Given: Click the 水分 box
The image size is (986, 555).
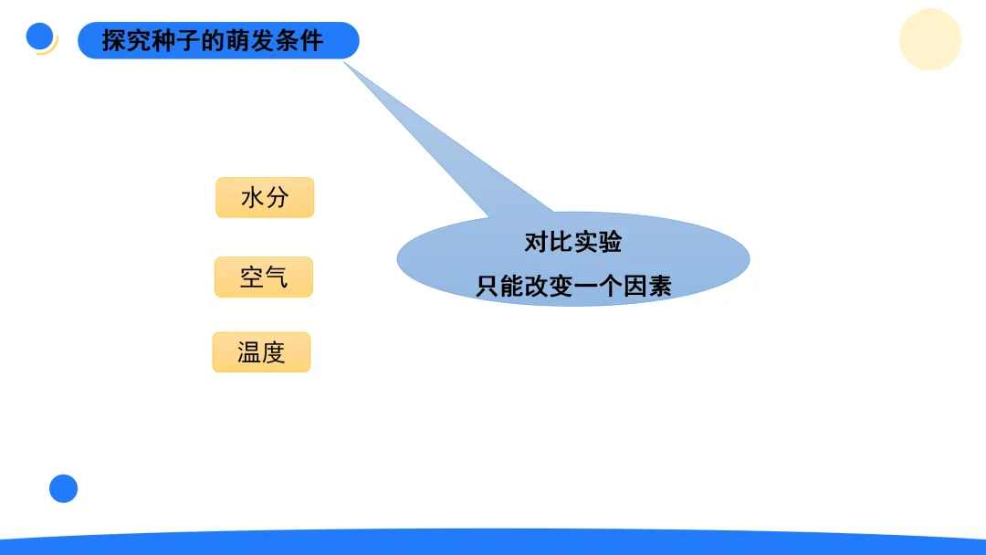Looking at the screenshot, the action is tap(265, 197).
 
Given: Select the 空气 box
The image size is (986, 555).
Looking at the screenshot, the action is tap(264, 277).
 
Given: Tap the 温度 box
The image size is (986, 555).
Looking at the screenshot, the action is tap(262, 352).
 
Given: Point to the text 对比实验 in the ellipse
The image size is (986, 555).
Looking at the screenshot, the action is tap(573, 242).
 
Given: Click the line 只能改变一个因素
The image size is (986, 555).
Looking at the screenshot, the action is tap(573, 286).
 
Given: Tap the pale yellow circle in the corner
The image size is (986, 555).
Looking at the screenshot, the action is tap(929, 39).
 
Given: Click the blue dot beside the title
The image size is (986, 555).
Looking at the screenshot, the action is tap(39, 36).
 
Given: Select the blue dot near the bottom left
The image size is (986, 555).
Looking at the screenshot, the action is tap(63, 488).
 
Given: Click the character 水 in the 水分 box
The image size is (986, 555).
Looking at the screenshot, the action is tap(252, 197).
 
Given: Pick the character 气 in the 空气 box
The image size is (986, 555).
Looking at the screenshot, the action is tap(277, 277).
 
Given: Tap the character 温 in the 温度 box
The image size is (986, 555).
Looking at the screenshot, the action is tap(249, 352).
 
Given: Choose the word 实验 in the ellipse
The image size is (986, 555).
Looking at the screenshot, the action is tap(598, 242).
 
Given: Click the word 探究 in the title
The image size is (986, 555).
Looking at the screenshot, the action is tap(125, 41).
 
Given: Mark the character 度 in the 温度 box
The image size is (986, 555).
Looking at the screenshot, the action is tap(274, 352).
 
